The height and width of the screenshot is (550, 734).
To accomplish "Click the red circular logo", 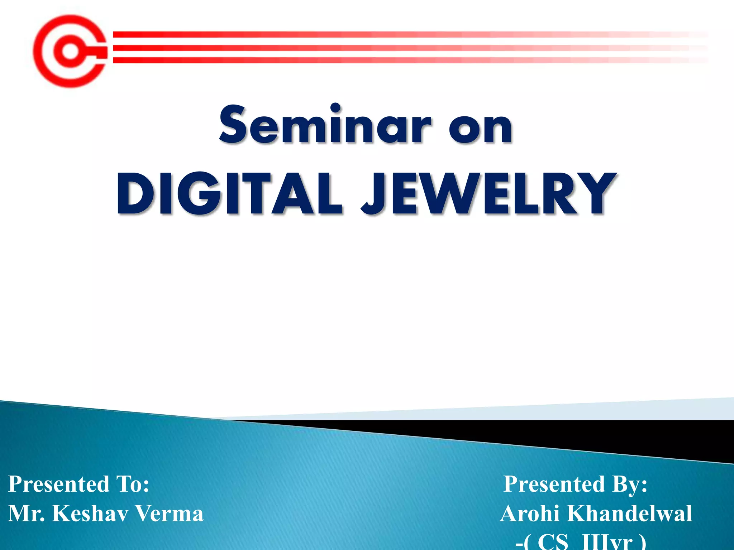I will point(71,51).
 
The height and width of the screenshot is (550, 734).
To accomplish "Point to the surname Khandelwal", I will point(629,513).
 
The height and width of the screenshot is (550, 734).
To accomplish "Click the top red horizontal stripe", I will point(358,34).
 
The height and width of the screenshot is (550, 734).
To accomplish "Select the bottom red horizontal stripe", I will point(358,60).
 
